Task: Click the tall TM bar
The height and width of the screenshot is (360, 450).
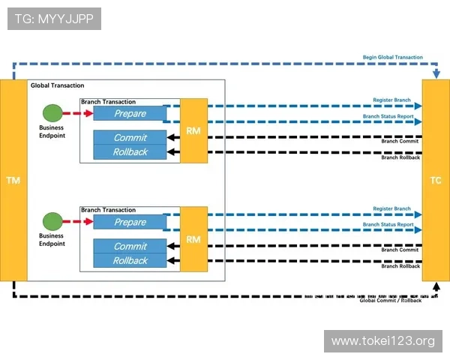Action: (13, 180)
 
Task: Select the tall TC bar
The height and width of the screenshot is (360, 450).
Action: (436, 180)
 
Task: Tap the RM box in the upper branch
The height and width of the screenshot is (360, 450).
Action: (193, 130)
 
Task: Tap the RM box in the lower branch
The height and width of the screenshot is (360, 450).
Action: (193, 239)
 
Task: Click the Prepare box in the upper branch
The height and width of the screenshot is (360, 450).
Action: (130, 113)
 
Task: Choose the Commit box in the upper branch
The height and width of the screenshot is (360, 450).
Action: (130, 138)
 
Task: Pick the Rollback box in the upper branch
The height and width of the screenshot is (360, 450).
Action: (130, 152)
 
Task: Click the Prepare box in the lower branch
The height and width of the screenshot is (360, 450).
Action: (130, 223)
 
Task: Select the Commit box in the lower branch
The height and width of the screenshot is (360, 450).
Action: (130, 247)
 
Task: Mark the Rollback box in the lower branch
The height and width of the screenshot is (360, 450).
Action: (130, 261)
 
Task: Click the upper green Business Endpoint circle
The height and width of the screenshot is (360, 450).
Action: (52, 113)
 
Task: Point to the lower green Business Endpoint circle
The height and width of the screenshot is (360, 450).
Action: (52, 222)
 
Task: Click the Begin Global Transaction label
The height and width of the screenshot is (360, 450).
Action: (393, 57)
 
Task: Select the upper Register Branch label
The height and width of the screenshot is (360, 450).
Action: (392, 100)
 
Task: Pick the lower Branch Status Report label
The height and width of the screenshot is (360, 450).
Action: (388, 225)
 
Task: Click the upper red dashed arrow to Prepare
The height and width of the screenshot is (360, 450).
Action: (77, 113)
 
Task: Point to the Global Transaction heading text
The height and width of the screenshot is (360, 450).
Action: (58, 85)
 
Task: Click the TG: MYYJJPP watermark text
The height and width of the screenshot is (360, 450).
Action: (54, 19)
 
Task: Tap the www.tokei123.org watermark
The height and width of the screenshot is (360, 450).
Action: (383, 341)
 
